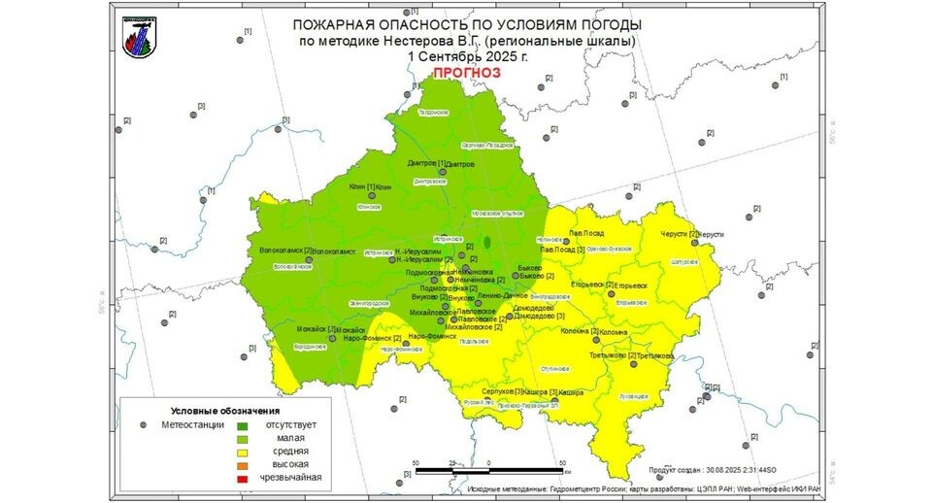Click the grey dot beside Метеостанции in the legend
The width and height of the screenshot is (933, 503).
click(x=143, y=425)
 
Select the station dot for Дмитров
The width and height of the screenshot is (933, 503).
click(x=443, y=173)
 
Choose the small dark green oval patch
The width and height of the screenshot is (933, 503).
click(x=488, y=241)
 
